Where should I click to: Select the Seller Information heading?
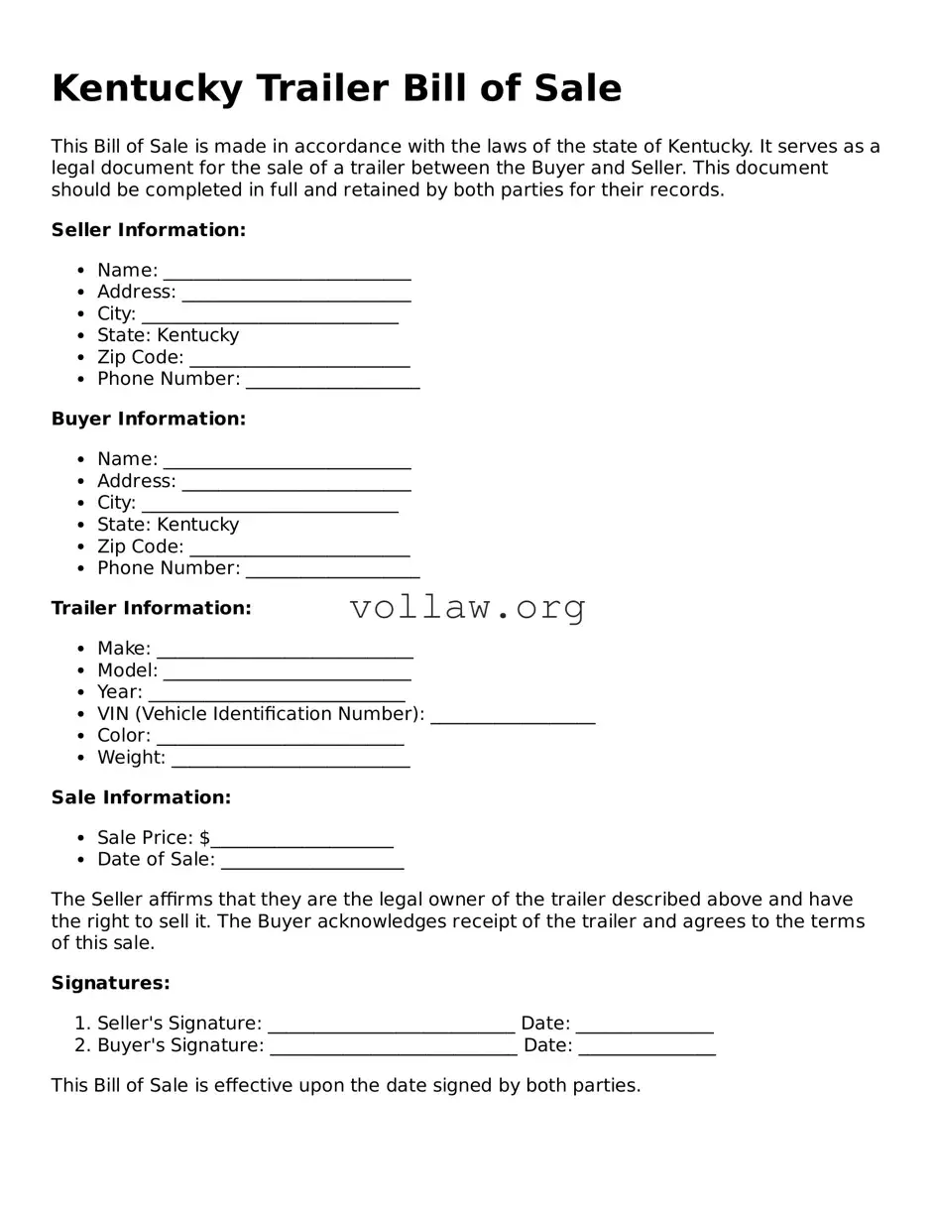coord(148,230)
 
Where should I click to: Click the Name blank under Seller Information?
coord(287,272)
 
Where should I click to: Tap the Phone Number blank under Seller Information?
coord(332,381)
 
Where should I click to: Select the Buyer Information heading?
coord(148,420)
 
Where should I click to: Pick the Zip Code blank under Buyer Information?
coord(298,548)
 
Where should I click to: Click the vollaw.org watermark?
coord(468,607)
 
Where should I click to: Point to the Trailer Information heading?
coord(151,608)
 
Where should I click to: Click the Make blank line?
coord(285,651)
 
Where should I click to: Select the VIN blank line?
coord(513,716)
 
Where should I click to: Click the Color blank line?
coord(280,738)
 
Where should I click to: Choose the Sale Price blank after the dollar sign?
coord(301,840)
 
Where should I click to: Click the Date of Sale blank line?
coord(311,862)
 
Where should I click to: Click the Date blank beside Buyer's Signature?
coord(646,1047)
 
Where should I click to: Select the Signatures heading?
coord(110,983)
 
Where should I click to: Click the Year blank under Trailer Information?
coord(276,694)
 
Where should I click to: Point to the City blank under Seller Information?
coord(269,315)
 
